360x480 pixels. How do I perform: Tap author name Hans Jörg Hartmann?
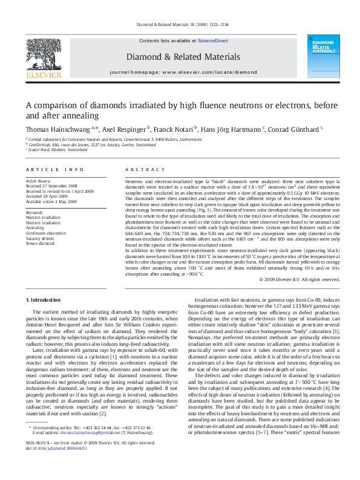click(232, 129)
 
